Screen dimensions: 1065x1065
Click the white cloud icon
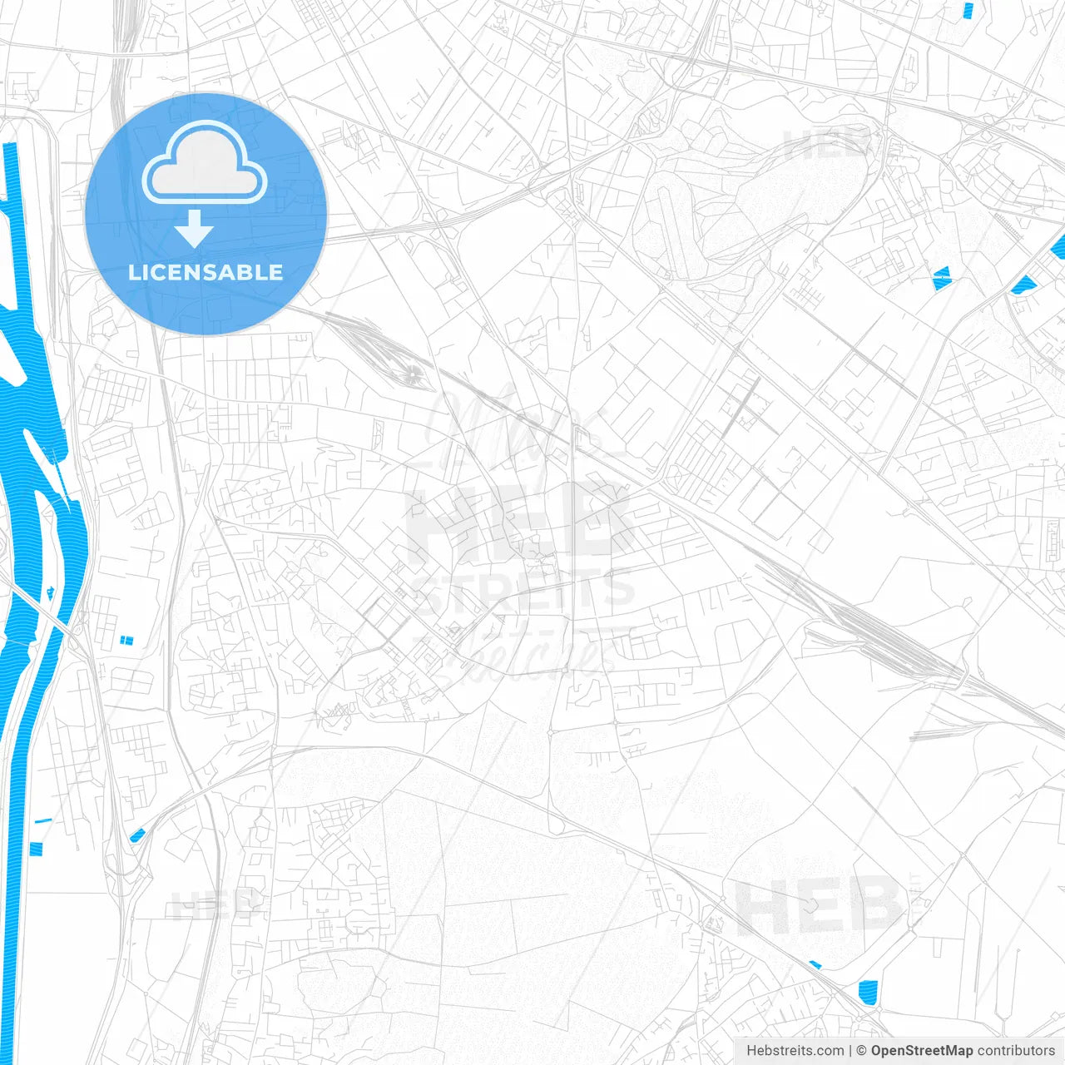[x=205, y=162]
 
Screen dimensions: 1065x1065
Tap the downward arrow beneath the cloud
[x=195, y=228]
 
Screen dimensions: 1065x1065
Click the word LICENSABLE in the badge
[x=206, y=272]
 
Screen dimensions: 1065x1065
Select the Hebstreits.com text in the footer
[x=795, y=1051]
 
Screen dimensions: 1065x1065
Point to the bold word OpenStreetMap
[x=922, y=1051]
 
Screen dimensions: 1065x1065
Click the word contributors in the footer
[x=1015, y=1051]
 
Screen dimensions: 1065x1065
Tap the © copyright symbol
[x=861, y=1051]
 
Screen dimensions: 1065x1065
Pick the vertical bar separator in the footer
[x=850, y=1051]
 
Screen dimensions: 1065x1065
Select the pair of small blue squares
[x=126, y=640]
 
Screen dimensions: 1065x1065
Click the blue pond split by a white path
[x=942, y=278]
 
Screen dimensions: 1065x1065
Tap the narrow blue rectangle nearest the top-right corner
[x=968, y=10]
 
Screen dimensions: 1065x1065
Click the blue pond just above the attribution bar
[x=867, y=992]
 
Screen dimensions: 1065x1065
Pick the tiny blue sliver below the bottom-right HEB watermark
[x=815, y=965]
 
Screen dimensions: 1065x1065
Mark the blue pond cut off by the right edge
[x=1058, y=247]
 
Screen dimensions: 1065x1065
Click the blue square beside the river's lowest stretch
[x=35, y=849]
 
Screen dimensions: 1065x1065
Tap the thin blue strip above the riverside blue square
[x=43, y=821]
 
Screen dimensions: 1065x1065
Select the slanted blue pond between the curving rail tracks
[x=137, y=835]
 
